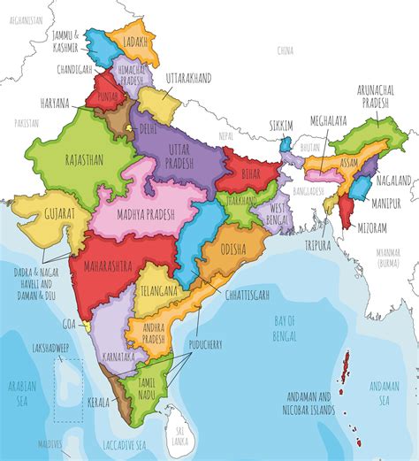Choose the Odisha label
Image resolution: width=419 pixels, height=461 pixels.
pos(232,247)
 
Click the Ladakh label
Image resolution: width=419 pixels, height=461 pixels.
pos(133,42)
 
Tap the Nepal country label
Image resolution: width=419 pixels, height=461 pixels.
pos(227,136)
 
